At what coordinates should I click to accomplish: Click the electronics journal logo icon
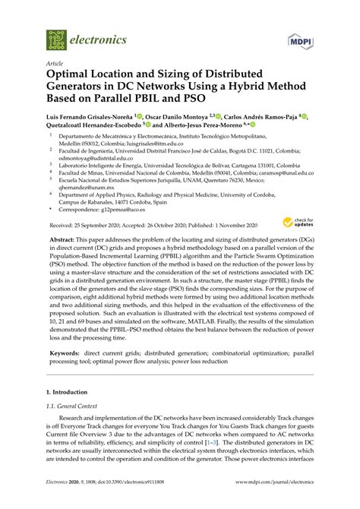click(56, 40)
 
